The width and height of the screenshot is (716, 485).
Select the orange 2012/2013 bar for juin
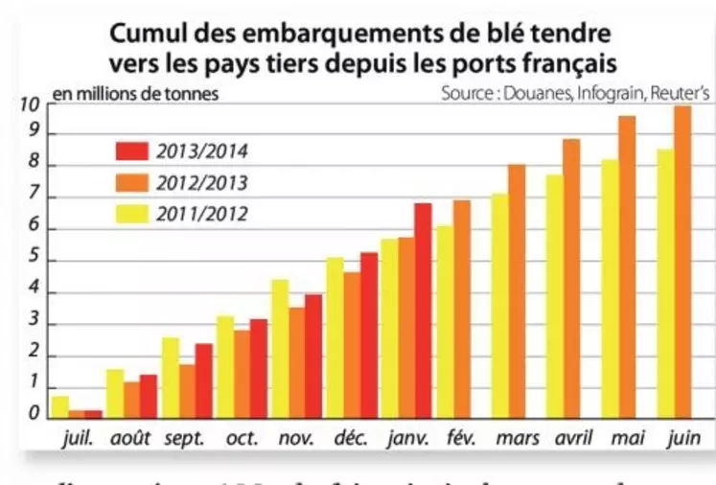682,264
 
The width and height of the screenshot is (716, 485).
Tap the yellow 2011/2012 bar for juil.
59,407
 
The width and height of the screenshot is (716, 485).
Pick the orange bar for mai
627,268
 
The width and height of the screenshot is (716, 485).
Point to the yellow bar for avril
554,297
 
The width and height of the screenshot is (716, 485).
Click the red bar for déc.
369,335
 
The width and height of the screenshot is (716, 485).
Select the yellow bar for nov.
280,349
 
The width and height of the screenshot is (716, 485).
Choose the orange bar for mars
517,292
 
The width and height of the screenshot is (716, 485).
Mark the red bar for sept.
203,381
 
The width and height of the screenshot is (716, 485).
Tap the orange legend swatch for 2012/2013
130,181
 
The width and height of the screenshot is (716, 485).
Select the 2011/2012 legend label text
201,213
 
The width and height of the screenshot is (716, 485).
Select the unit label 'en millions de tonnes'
135,94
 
